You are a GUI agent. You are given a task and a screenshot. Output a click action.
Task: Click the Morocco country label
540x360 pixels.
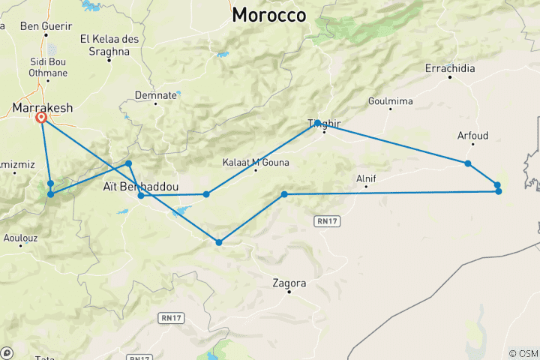click(x=269, y=14)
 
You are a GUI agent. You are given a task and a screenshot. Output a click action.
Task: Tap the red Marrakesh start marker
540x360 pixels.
click(x=41, y=118)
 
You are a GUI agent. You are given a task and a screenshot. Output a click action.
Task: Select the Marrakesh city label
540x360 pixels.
click(x=43, y=108)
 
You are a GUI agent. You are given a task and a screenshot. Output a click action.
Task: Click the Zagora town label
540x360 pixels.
click(x=289, y=283)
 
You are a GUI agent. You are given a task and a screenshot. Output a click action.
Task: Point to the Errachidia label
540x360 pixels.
click(x=449, y=68)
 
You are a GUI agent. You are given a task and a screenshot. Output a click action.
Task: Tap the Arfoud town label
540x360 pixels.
click(x=472, y=136)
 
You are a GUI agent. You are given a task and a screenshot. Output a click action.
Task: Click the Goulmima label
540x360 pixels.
click(x=391, y=101)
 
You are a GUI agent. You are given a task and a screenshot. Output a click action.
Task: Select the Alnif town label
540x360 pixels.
click(x=365, y=178)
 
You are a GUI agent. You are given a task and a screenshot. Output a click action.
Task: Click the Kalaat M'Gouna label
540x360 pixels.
click(x=256, y=162)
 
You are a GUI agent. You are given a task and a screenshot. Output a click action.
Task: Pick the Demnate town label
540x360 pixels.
click(x=156, y=95)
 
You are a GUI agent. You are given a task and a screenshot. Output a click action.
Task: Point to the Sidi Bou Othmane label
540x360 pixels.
click(x=48, y=67)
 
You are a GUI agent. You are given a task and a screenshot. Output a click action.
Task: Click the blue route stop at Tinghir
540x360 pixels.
click(x=318, y=122)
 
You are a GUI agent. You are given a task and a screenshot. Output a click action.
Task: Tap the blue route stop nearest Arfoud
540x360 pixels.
click(x=467, y=163)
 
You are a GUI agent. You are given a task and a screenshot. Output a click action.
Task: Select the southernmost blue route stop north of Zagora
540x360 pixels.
click(x=219, y=242)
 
